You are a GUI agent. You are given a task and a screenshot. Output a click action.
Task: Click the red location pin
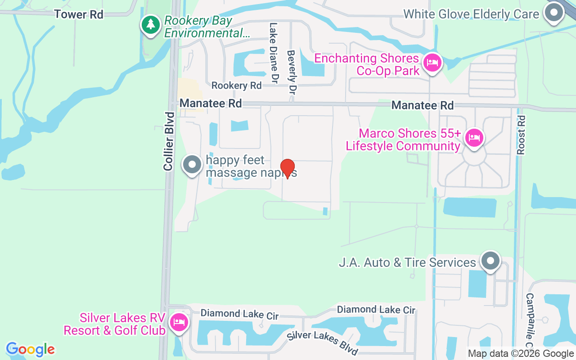[288, 169]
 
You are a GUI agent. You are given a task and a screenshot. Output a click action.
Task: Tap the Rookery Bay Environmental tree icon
[150, 25]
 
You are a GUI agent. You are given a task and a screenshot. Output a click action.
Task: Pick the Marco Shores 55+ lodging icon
[474, 137]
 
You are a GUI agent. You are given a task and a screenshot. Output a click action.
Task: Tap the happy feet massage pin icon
[192, 165]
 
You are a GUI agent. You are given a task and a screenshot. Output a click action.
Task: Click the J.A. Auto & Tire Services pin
[490, 261]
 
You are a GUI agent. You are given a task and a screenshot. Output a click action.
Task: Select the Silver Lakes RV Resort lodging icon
[179, 322]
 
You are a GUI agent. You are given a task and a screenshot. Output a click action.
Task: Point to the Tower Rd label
[79, 14]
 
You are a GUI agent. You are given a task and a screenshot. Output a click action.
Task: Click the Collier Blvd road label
[169, 141]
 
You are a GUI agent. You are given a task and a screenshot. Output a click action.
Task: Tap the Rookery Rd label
[236, 85]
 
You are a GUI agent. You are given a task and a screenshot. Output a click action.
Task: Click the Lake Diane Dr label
[274, 53]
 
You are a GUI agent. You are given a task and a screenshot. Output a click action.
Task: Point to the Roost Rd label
[522, 135]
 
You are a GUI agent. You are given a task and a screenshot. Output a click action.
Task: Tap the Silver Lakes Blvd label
[323, 342]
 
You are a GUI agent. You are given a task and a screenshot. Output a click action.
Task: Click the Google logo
[31, 349]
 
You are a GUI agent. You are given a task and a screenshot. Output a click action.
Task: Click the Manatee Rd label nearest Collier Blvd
[211, 103]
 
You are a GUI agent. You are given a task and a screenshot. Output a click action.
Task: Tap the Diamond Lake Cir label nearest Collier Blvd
[239, 315]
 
